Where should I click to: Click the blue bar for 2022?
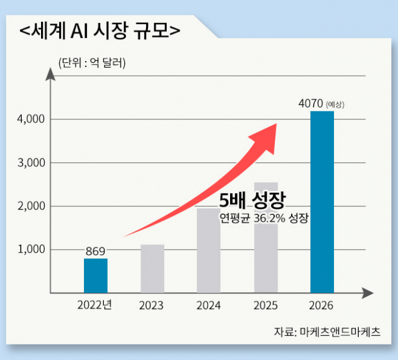coord(96,275)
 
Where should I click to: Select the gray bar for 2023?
coord(152,268)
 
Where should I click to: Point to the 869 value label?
coord(96,251)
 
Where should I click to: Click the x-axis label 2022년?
coord(95,305)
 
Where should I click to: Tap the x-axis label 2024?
coord(208,305)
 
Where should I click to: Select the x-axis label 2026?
coord(322,305)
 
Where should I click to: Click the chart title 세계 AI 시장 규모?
coord(99,29)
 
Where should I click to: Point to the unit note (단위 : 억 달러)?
coord(91,63)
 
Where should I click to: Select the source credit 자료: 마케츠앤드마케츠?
coord(327,331)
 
